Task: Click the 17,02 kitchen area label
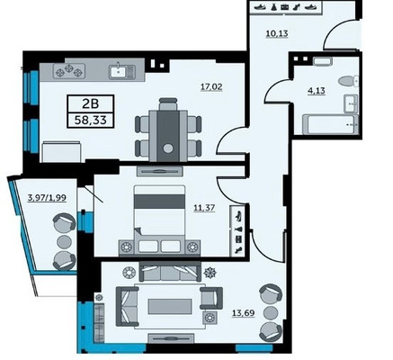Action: pyautogui.click(x=211, y=87)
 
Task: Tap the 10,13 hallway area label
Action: pyautogui.click(x=277, y=33)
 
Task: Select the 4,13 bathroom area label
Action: pyautogui.click(x=317, y=90)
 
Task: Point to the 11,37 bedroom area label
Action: pyautogui.click(x=204, y=208)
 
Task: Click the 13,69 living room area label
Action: pyautogui.click(x=244, y=313)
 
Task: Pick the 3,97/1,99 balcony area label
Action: pyautogui.click(x=47, y=198)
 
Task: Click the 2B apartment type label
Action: pyautogui.click(x=90, y=104)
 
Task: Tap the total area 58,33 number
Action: pyautogui.click(x=91, y=121)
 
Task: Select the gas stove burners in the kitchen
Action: pyautogui.click(x=69, y=71)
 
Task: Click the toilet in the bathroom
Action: pyautogui.click(x=348, y=81)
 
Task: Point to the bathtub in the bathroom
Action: pyautogui.click(x=330, y=124)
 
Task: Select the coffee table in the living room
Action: pyautogui.click(x=170, y=306)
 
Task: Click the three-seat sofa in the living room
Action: pyautogui.click(x=170, y=271)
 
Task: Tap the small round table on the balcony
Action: pyautogui.click(x=64, y=241)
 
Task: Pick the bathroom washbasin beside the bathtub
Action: pyautogui.click(x=351, y=103)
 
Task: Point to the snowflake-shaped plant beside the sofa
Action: pyautogui.click(x=210, y=273)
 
